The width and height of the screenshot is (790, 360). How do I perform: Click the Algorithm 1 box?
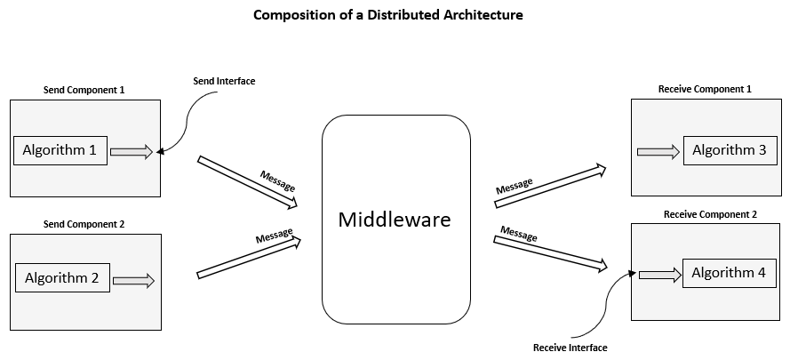click(x=60, y=150)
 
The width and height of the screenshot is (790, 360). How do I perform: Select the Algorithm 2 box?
click(x=62, y=278)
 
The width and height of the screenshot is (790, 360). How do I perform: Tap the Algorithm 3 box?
click(x=728, y=150)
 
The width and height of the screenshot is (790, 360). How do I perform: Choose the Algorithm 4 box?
click(x=728, y=273)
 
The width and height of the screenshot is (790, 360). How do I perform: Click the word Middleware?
click(x=395, y=220)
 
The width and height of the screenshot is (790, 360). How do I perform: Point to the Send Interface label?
click(x=224, y=82)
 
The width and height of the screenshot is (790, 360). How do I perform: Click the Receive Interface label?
click(x=570, y=348)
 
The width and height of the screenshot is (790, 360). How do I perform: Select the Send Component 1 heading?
click(x=84, y=90)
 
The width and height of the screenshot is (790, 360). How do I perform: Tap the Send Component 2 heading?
click(x=84, y=224)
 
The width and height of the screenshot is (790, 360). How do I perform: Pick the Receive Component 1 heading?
click(x=705, y=89)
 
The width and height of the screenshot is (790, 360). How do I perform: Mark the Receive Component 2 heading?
click(x=710, y=214)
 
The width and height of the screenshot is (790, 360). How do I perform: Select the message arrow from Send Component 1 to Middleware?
click(x=247, y=182)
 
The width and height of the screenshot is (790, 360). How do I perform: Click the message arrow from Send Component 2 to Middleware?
click(x=249, y=257)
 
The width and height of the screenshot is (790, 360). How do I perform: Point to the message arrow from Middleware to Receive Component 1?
click(x=550, y=186)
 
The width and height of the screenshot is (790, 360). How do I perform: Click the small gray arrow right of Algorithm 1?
click(x=132, y=153)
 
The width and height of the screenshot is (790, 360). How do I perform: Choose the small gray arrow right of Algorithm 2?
click(x=134, y=281)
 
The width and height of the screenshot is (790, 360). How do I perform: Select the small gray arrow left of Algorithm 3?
click(x=658, y=152)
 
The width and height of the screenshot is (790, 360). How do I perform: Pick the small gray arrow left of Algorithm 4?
click(x=658, y=275)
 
